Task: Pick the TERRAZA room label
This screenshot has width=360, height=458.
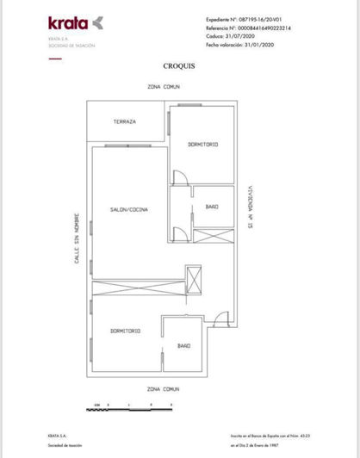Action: point(125,122)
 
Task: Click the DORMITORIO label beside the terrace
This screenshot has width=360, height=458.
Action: point(202,144)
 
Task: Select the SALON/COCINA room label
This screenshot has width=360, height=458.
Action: point(129,210)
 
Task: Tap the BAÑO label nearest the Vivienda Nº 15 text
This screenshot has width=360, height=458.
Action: point(212,207)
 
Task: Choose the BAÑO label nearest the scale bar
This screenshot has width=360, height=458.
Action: point(183,345)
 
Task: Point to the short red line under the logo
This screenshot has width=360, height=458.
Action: point(55,58)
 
